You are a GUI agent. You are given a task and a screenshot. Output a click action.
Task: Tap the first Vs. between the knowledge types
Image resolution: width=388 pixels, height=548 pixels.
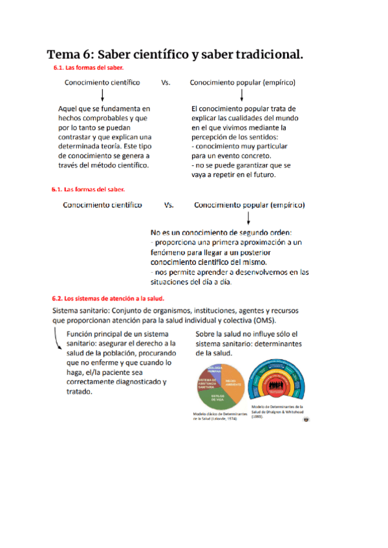click(166, 83)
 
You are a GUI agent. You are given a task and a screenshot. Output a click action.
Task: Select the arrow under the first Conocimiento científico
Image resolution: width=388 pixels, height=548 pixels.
click(103, 96)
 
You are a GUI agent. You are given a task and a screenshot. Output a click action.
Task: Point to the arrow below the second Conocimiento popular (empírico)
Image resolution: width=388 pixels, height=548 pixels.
click(249, 218)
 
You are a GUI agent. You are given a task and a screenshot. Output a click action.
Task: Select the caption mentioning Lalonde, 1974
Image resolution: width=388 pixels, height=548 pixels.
click(215, 416)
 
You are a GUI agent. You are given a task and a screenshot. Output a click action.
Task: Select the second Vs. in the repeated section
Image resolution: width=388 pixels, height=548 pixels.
click(169, 205)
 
